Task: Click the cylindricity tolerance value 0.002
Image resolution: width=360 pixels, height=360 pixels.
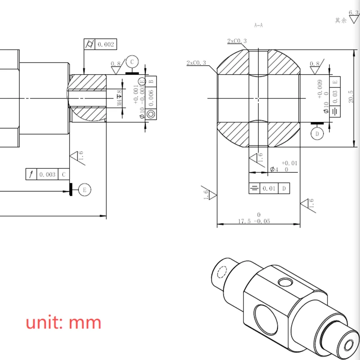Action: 106,44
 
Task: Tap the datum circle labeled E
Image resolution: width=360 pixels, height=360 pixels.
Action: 84,190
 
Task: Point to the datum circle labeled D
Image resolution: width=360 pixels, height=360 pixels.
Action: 317,134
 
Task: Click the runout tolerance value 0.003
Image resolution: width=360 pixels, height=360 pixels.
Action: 47,174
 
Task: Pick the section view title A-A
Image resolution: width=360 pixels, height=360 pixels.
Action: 258,26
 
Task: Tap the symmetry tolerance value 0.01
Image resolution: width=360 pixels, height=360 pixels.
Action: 269,188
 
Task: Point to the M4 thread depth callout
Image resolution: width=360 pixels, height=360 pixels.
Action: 120,97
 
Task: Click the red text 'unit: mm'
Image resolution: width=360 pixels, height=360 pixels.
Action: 63,323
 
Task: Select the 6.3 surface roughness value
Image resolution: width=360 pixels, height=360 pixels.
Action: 354,14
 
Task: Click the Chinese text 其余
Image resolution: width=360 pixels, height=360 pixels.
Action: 341,20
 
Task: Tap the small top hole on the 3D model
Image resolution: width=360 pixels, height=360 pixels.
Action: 284,282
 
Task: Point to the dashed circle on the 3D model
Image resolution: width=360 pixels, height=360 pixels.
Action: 222,273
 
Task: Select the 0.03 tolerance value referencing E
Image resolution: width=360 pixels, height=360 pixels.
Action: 334,93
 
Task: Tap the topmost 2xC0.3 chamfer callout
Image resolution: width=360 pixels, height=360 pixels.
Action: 237,41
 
